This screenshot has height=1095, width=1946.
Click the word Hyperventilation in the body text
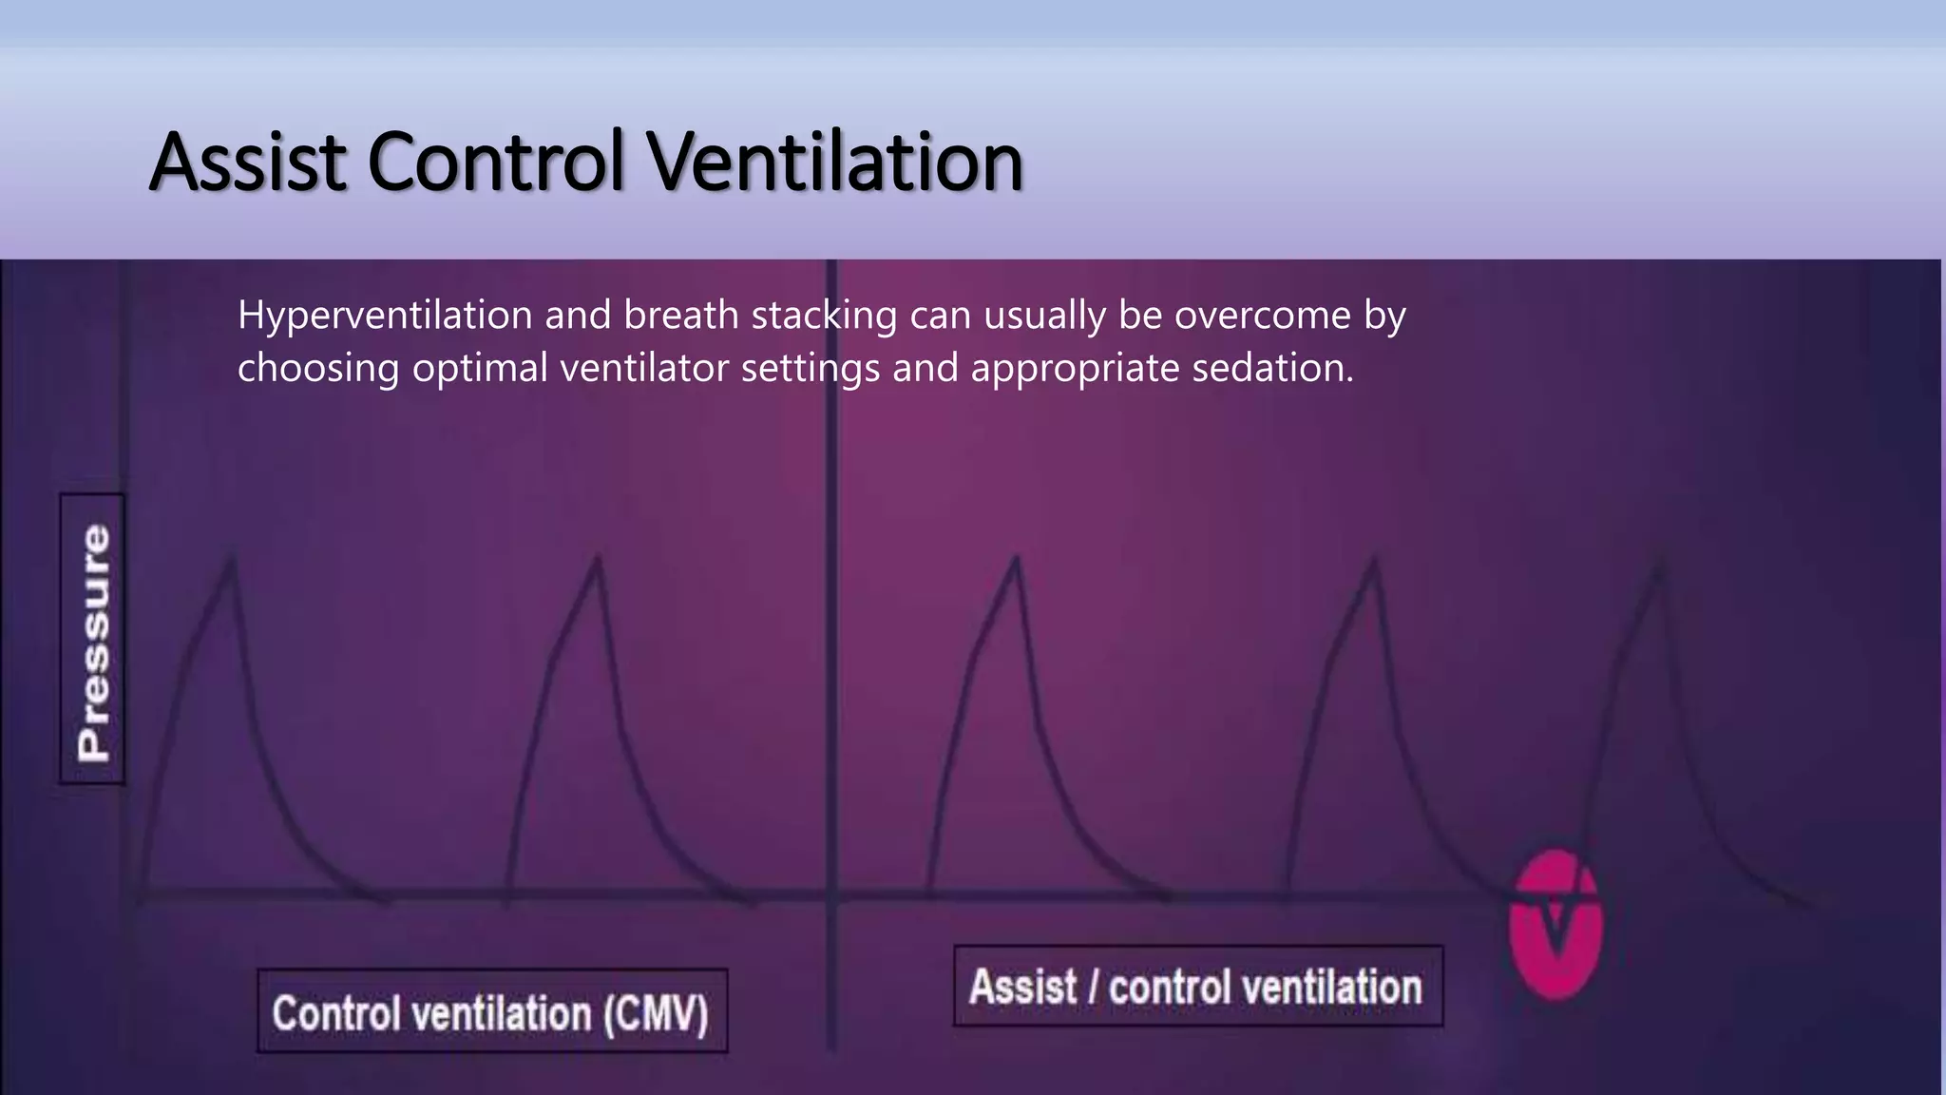(x=385, y=316)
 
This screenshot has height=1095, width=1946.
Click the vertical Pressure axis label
(x=93, y=640)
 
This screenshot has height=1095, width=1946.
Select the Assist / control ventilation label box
(x=1196, y=987)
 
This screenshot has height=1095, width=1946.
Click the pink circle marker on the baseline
(x=1555, y=925)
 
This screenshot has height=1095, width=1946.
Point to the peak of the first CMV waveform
(x=231, y=561)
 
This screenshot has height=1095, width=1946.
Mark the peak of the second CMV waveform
(x=598, y=559)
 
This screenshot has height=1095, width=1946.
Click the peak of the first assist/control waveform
(x=1017, y=559)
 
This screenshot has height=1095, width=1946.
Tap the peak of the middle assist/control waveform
(x=1374, y=561)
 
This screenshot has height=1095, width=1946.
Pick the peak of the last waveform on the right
(x=1660, y=567)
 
